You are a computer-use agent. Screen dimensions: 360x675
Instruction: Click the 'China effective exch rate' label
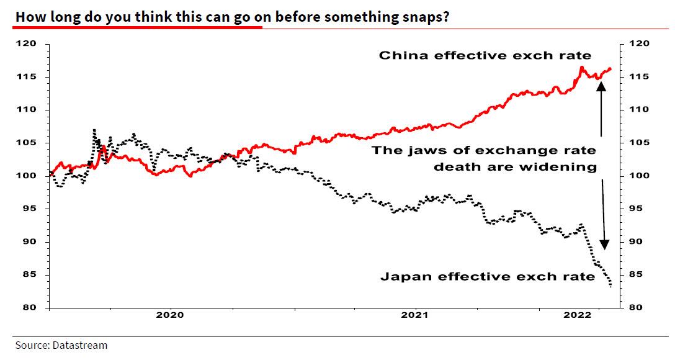pos(485,55)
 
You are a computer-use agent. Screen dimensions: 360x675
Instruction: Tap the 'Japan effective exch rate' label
pos(488,277)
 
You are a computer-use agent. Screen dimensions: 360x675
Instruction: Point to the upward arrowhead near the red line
pos(601,86)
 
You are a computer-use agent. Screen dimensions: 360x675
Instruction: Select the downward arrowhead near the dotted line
pos(605,244)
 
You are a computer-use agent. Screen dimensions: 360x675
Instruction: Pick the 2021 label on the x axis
pos(414,316)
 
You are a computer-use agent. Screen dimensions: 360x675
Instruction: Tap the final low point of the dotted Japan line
pos(611,286)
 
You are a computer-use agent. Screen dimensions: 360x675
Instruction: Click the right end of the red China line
pos(610,68)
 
